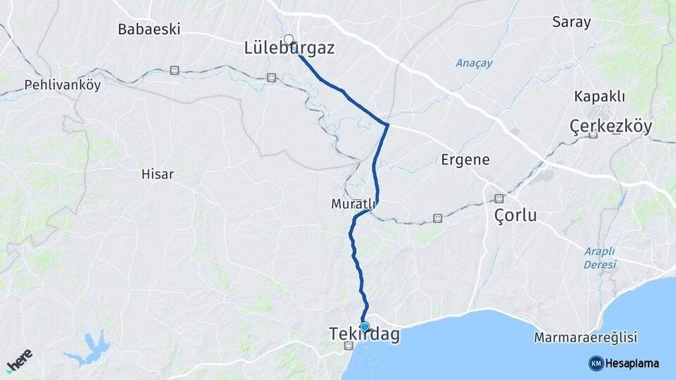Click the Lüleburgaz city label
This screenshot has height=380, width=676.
tap(289, 49)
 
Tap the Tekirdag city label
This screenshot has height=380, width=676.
tap(363, 335)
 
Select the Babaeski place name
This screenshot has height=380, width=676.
tap(149, 30)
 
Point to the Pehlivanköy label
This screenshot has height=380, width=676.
tap(63, 85)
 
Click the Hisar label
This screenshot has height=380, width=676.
tap(157, 174)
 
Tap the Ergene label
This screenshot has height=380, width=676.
tap(465, 160)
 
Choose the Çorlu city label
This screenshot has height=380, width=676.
tap(514, 215)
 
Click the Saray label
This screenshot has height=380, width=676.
tap(571, 22)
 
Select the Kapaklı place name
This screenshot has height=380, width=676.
tap(600, 96)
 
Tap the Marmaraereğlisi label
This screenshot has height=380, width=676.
tap(586, 338)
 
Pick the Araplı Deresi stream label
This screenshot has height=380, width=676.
tap(599, 258)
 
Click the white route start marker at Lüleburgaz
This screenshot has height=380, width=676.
tap(288, 39)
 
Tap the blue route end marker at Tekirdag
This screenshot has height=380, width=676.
tap(365, 326)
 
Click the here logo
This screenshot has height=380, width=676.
tap(19, 361)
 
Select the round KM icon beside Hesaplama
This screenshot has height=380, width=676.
tap(596, 363)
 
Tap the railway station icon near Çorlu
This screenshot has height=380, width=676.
tap(499, 198)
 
